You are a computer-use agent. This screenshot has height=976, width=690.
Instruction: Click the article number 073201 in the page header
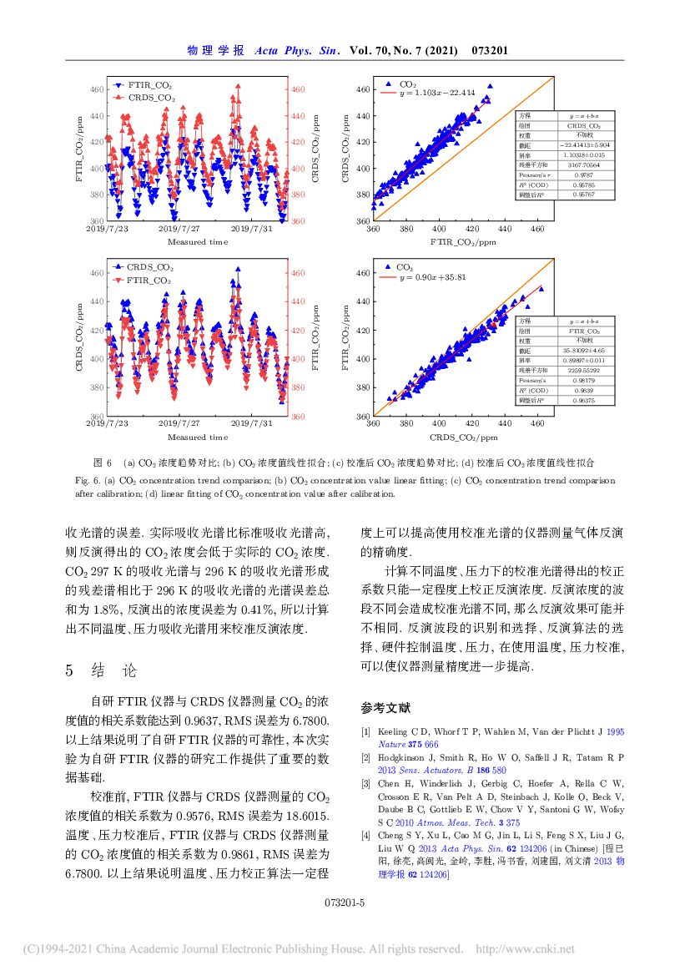[490, 51]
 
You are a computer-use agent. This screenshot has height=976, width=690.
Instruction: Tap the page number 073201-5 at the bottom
[345, 903]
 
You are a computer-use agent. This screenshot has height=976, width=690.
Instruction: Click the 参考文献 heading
[385, 708]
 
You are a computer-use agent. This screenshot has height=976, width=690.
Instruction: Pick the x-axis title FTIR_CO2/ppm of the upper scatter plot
[462, 242]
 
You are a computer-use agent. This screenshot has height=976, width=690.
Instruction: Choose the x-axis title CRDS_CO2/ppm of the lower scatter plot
[463, 437]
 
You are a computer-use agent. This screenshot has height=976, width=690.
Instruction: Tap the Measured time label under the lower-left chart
[197, 437]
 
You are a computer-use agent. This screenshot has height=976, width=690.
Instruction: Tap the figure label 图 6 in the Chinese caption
[103, 462]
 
